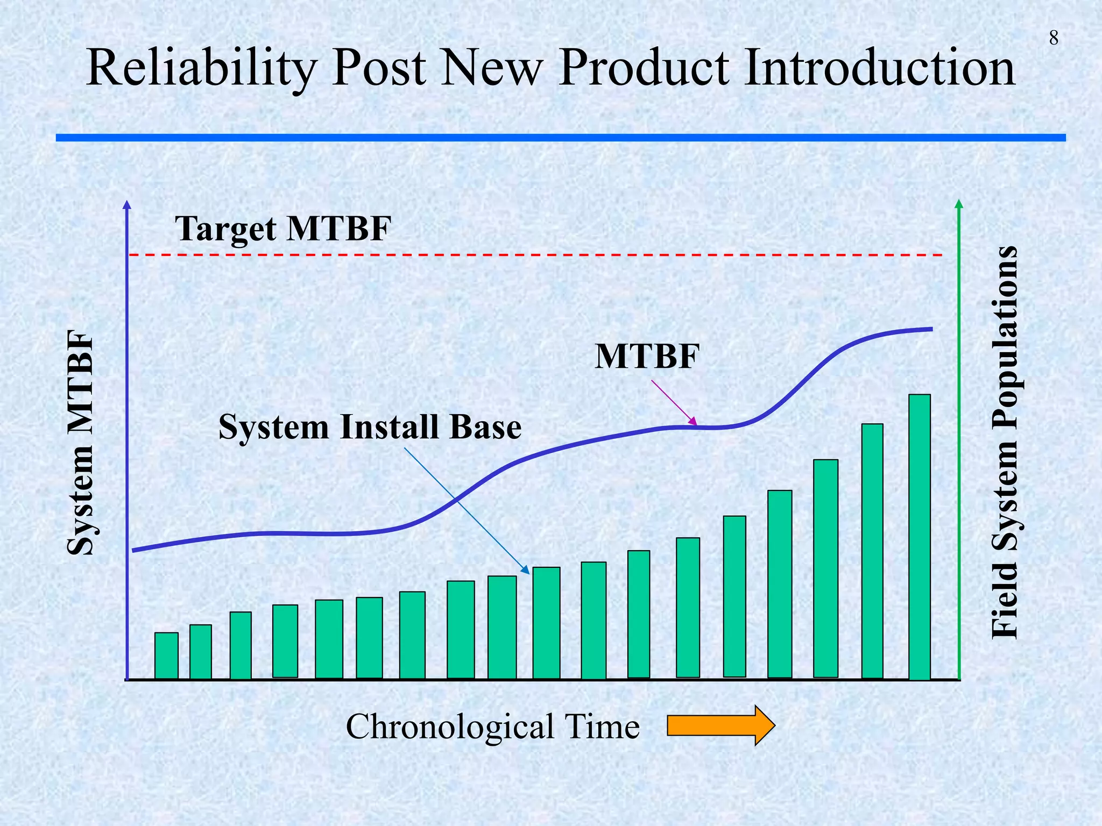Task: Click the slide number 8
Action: [x=1054, y=38]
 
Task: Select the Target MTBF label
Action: [x=283, y=229]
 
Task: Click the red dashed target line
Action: [x=538, y=254]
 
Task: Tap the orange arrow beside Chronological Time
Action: [x=720, y=725]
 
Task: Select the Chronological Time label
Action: [x=492, y=727]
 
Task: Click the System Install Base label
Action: [x=370, y=428]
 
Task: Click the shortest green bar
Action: [x=166, y=656]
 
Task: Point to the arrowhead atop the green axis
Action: [x=959, y=204]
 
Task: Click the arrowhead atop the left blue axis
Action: [x=127, y=204]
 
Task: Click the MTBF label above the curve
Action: [x=647, y=357]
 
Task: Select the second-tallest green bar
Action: [x=872, y=551]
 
